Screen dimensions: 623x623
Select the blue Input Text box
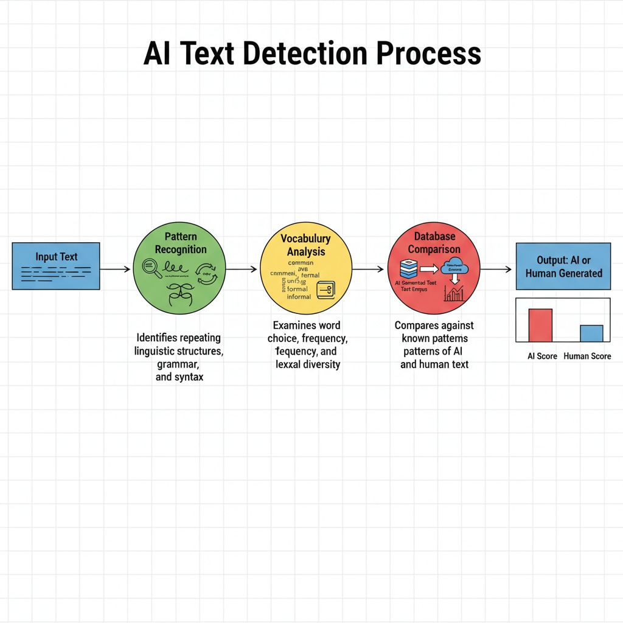pos(56,266)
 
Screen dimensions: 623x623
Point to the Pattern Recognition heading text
pos(180,242)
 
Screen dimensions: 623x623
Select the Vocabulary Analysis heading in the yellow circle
pos(305,245)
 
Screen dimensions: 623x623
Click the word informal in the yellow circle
pos(299,297)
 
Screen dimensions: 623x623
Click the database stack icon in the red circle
pos(409,268)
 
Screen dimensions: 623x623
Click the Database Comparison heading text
pos(434,243)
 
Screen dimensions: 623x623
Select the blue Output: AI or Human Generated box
pos(563,266)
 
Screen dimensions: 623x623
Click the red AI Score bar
pos(540,325)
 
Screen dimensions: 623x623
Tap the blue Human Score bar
pos(591,333)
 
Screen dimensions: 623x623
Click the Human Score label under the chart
pos(587,356)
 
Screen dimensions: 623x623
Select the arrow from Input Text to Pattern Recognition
pos(116,268)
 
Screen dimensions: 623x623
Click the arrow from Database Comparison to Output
pos(496,268)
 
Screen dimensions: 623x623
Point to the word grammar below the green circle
pos(178,364)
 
